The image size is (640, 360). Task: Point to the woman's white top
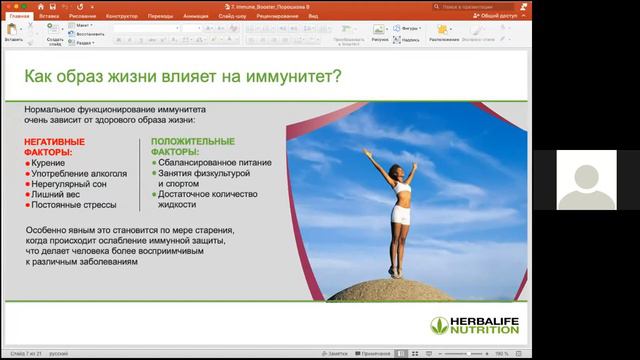tap(401, 186)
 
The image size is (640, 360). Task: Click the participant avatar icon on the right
tap(585, 180)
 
